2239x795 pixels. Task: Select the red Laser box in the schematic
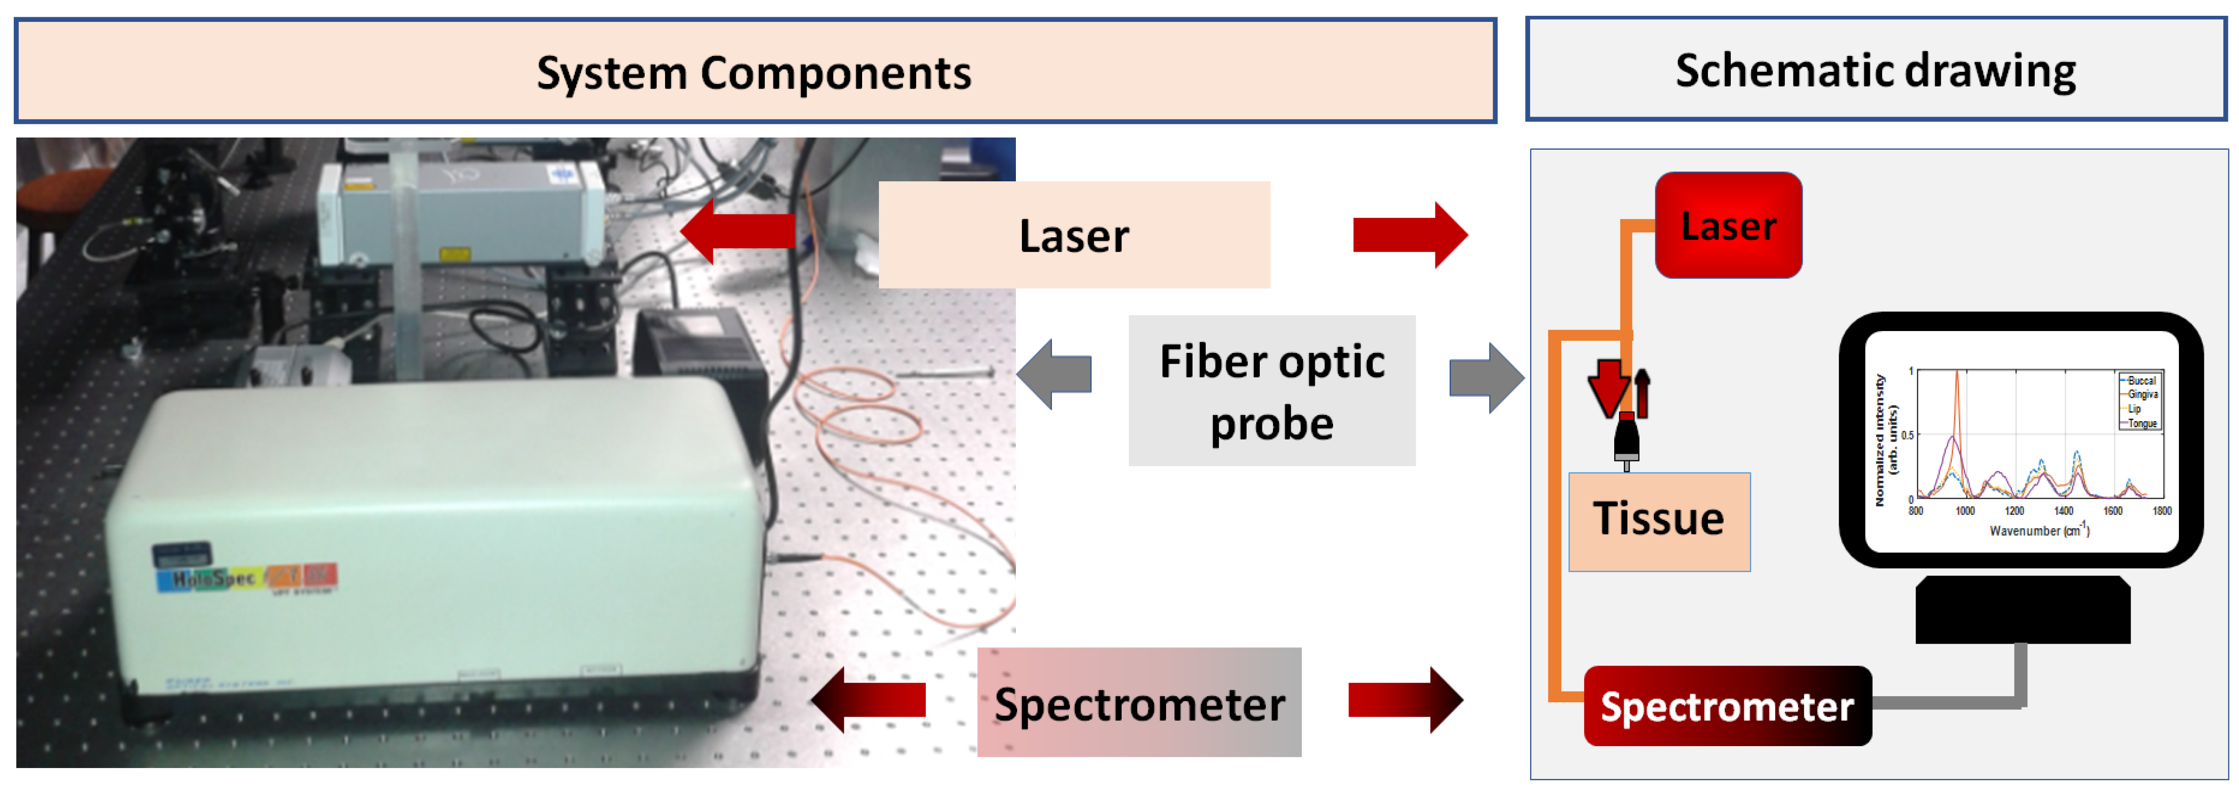[1728, 225]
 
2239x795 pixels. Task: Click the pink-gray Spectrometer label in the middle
[1139, 702]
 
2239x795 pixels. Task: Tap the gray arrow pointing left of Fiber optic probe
[1054, 374]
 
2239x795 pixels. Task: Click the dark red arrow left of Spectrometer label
[869, 699]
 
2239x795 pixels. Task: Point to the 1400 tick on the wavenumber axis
[2062, 511]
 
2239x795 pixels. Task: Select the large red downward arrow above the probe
[1608, 387]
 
